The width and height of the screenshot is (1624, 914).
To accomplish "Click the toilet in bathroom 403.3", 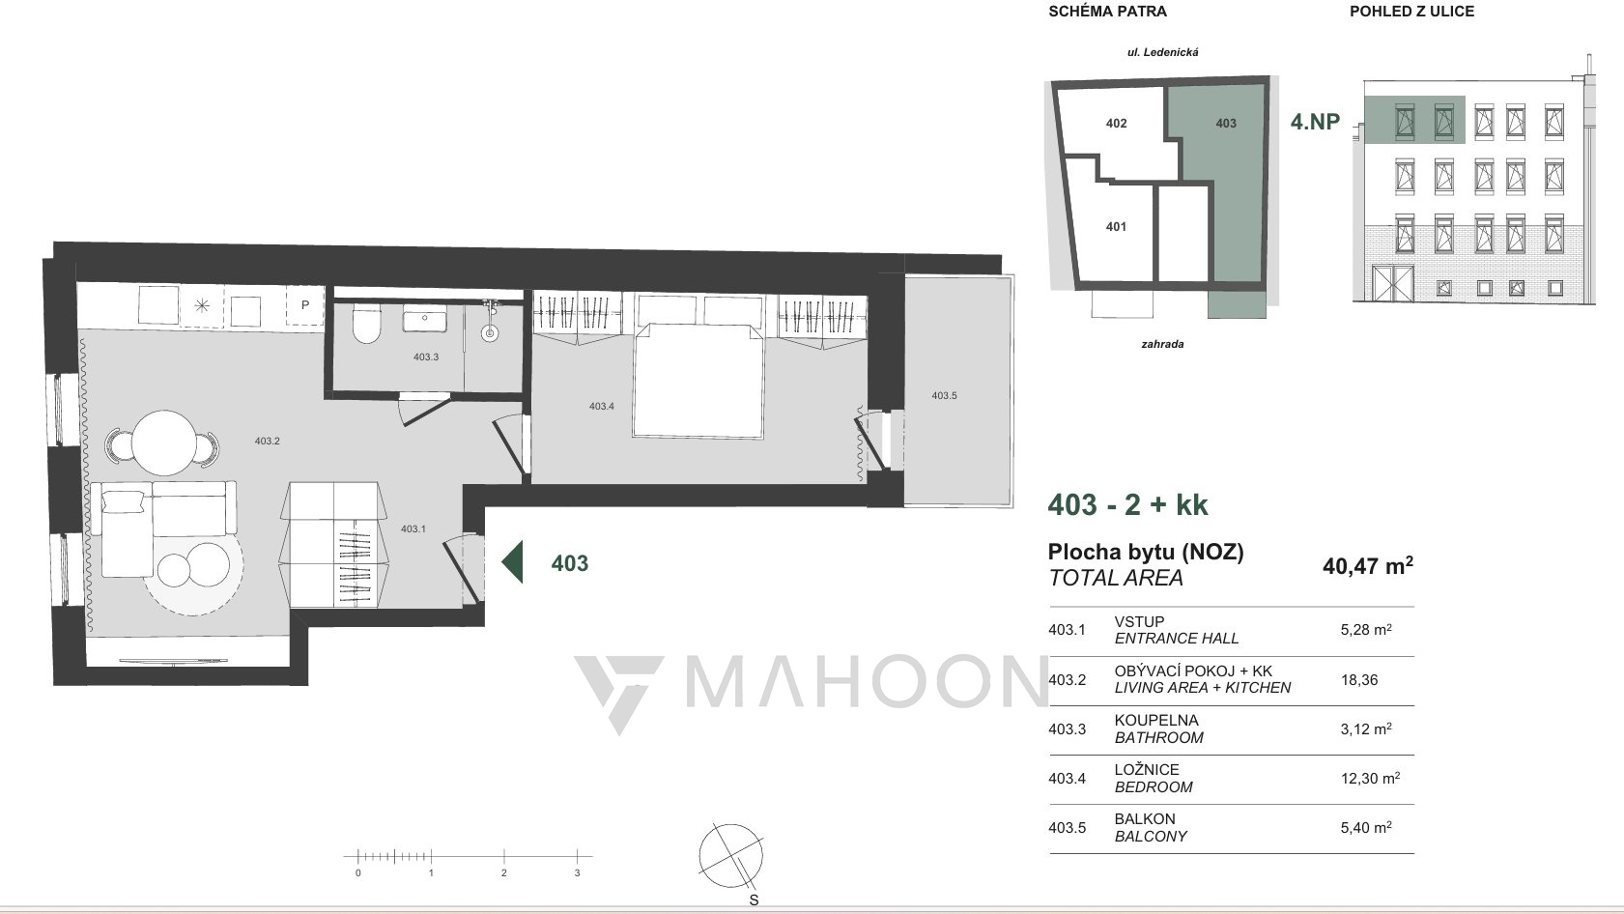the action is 366,326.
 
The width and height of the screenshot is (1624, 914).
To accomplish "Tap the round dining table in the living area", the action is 164,443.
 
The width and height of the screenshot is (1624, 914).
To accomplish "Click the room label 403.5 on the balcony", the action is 944,396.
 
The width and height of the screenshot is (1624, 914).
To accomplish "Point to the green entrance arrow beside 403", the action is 512,561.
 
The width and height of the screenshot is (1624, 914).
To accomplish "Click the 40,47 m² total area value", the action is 1368,565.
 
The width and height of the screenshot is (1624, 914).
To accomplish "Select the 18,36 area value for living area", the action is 1359,680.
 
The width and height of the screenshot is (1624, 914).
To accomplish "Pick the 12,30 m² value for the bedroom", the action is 1370,779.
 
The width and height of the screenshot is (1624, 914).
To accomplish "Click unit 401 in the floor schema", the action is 1117,227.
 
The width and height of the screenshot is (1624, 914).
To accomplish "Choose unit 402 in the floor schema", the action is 1117,124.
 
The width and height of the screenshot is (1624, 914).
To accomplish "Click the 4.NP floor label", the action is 1315,121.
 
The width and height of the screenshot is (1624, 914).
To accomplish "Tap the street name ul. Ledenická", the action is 1163,52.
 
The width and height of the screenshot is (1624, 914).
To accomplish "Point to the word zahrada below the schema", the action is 1163,344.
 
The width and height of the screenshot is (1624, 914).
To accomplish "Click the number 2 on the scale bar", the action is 504,873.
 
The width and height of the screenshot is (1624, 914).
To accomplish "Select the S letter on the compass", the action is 754,900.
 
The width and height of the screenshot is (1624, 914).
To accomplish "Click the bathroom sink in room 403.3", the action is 425,319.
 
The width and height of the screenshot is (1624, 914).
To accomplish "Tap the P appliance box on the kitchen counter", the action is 305,305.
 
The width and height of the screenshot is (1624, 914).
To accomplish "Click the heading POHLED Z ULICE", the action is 1411,12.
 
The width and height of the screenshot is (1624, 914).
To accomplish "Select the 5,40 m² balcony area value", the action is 1367,828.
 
